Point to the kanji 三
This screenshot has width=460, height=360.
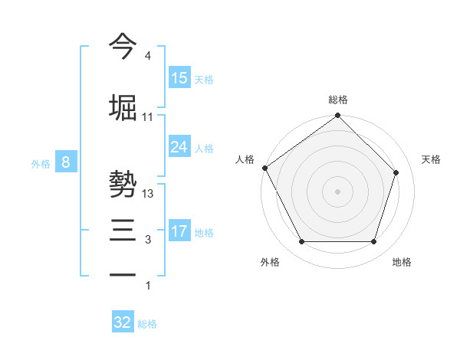(123, 229)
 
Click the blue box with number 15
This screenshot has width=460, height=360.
(179, 78)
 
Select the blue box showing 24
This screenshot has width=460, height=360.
(179, 147)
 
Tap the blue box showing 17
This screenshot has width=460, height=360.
(179, 231)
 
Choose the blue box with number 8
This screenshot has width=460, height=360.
(67, 162)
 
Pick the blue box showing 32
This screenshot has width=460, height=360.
(123, 322)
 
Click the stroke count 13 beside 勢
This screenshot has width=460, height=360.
(148, 194)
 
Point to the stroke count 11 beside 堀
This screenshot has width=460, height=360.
(147, 117)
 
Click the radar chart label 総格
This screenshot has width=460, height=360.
(337, 100)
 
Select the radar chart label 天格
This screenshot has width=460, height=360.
(431, 159)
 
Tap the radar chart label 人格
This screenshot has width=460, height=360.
(245, 159)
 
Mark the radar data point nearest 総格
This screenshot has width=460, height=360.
(337, 116)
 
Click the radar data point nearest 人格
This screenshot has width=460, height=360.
(264, 168)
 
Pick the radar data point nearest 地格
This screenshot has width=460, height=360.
(373, 242)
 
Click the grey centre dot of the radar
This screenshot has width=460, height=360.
(337, 191)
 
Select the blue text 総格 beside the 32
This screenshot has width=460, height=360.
(147, 324)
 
